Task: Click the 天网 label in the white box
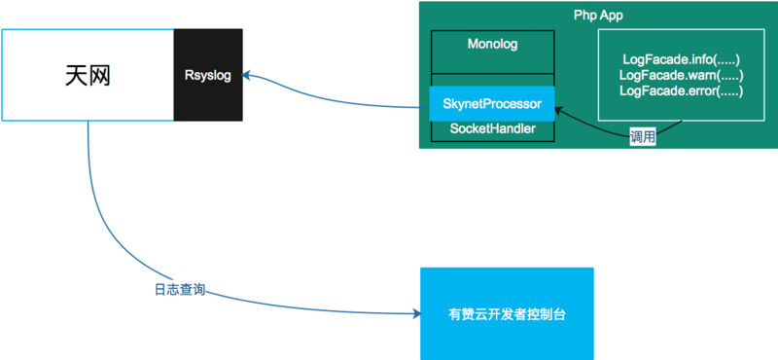(88, 75)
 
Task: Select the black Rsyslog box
(208, 75)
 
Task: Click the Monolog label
(492, 45)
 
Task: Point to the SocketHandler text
(492, 128)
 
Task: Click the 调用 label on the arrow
(642, 137)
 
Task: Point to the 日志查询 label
(180, 290)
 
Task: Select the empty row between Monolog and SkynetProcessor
(492, 78)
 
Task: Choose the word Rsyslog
(208, 75)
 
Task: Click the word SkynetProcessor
(492, 103)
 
